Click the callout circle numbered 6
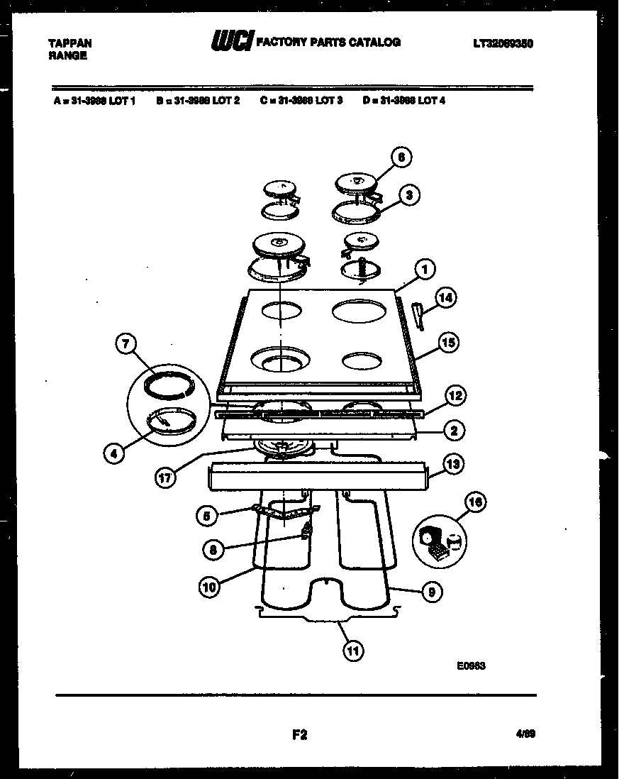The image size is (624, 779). click(x=401, y=158)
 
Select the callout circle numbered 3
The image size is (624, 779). click(x=409, y=195)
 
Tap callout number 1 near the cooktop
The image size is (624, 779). click(x=424, y=269)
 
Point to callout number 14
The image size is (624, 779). click(x=444, y=298)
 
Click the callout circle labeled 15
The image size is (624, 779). click(x=448, y=343)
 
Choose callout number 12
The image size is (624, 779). click(x=455, y=396)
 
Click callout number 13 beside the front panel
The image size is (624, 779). click(x=452, y=464)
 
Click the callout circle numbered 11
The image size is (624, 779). click(x=351, y=650)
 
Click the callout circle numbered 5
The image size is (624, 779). click(x=207, y=516)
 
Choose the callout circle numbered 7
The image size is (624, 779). click(x=126, y=345)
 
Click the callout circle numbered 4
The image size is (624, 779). click(x=113, y=453)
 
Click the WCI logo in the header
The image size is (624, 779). click(x=231, y=43)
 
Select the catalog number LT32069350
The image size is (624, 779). click(x=503, y=43)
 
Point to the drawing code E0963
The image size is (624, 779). click(x=472, y=665)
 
